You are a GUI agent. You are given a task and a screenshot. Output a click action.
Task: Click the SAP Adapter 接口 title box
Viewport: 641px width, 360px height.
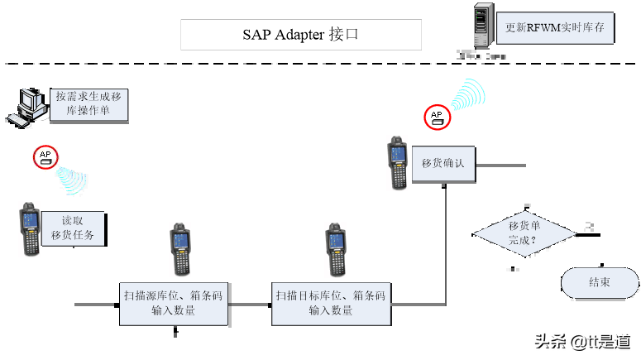(301, 35)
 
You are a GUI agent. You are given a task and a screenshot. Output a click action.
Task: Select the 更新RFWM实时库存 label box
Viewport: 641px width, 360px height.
(555, 27)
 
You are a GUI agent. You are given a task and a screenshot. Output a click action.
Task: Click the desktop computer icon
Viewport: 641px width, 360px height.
(27, 107)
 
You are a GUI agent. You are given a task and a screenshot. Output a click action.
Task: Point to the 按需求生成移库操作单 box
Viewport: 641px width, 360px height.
(88, 104)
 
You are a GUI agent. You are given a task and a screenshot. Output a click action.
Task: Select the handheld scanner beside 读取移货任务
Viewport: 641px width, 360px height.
(30, 228)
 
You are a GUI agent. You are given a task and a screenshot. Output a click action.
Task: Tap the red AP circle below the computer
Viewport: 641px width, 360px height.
(44, 156)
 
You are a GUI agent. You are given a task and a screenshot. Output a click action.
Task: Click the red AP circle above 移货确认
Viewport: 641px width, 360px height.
(436, 117)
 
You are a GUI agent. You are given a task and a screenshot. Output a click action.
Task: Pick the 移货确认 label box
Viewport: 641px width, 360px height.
(442, 163)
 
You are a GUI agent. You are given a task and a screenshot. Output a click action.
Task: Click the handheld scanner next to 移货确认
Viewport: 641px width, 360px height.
(397, 164)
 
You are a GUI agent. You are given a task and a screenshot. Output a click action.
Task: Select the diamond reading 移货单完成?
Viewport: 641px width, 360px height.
(524, 233)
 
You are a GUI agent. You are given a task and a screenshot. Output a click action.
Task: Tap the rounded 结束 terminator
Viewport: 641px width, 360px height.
(599, 283)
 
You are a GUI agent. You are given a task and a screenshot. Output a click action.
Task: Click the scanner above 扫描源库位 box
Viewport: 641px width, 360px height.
(180, 249)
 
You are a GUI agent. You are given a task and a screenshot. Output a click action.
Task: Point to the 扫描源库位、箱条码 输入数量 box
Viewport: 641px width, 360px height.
(173, 303)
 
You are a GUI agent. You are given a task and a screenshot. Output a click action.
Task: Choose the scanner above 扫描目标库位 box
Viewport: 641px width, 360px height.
(334, 249)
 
